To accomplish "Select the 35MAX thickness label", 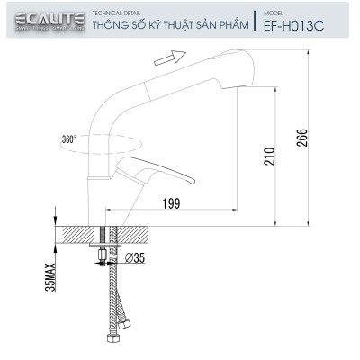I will pos(50,274).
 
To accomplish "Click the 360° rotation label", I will pos(69,139).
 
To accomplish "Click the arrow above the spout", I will pos(163,58).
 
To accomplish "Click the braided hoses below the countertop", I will pos(112,306).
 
